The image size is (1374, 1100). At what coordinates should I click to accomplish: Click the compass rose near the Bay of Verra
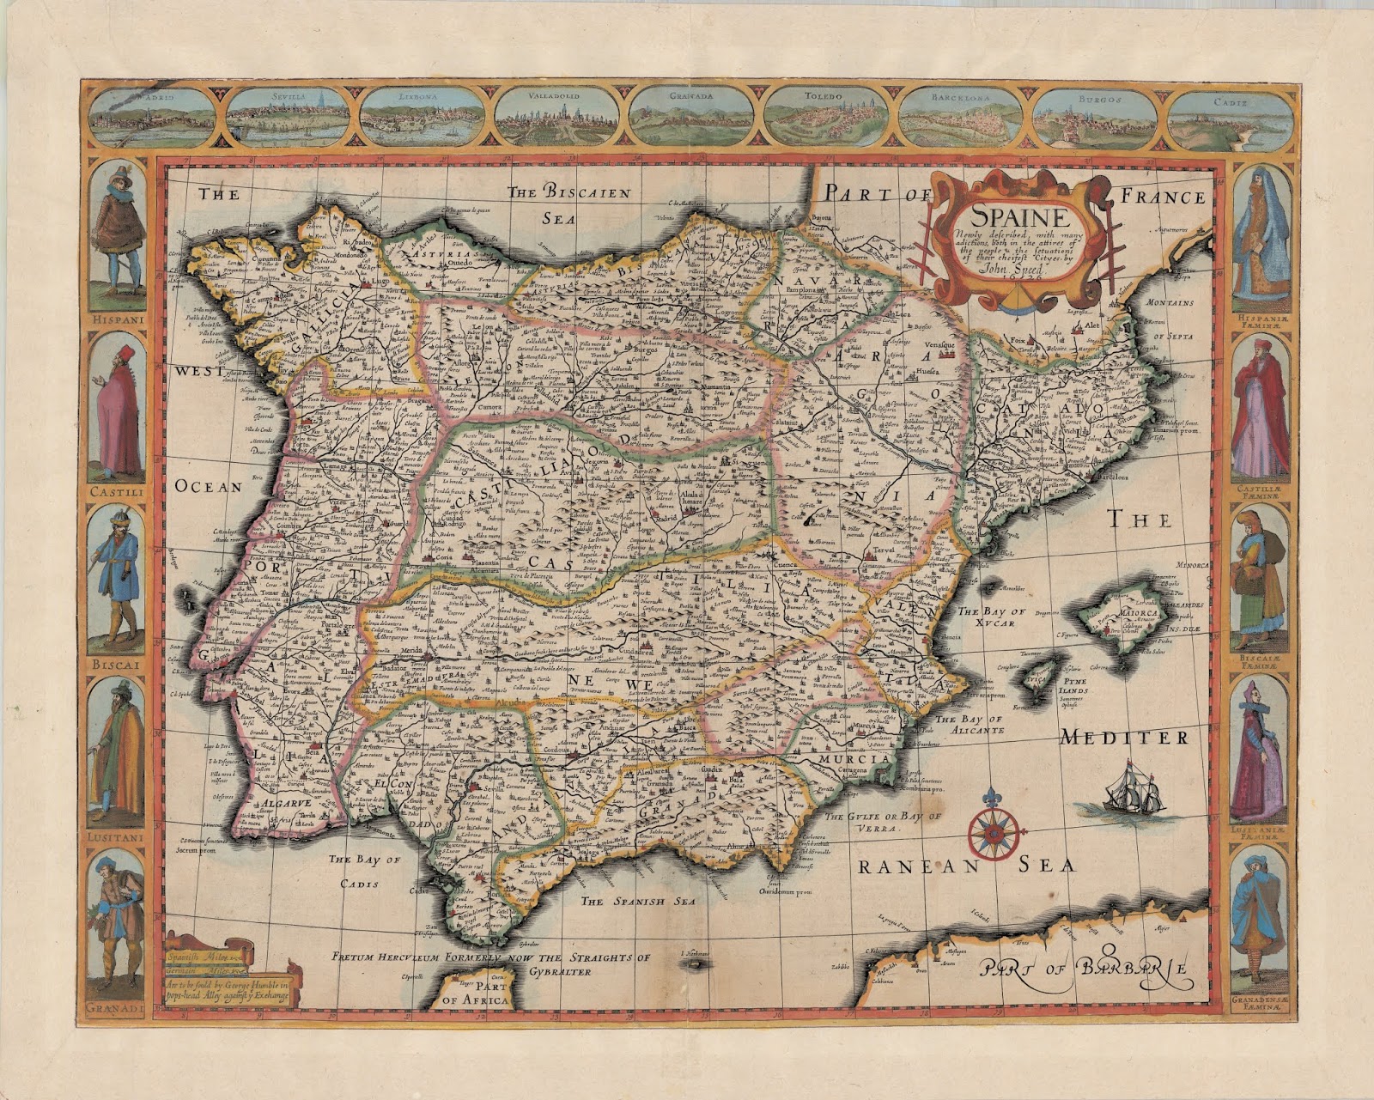(x=996, y=829)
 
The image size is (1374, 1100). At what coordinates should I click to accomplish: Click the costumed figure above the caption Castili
(x=118, y=408)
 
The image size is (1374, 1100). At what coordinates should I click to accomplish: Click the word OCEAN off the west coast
(x=208, y=486)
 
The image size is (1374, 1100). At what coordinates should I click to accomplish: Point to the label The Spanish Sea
(x=636, y=902)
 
